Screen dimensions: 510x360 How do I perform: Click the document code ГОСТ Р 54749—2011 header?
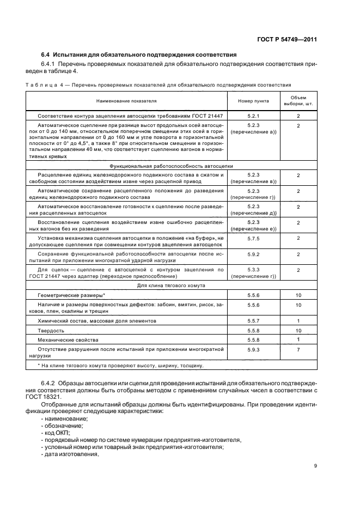tap(288, 39)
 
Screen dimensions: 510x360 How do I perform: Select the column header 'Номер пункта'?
tap(253, 101)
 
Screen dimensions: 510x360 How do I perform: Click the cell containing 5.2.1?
tap(253, 117)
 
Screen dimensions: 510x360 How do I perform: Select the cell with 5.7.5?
tap(253, 238)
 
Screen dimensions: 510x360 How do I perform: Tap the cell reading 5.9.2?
tap(253, 254)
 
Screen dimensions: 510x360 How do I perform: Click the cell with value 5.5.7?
tap(253, 321)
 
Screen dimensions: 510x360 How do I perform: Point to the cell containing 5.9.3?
tap(253, 349)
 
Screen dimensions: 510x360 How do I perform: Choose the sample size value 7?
tap(298, 349)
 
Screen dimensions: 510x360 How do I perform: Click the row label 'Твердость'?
tap(51, 330)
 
